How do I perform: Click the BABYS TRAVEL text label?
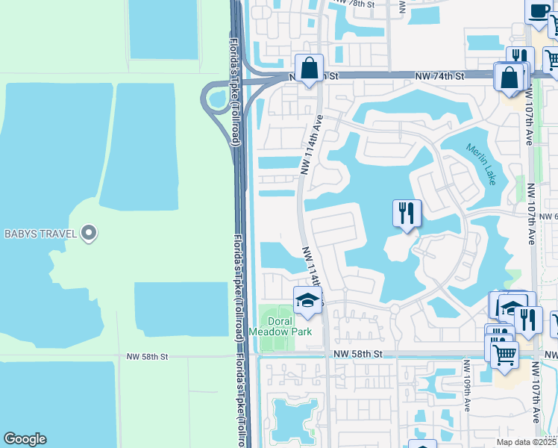tap(40, 234)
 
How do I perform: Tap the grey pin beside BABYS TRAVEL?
tap(89, 234)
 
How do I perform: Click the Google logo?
tap(25, 439)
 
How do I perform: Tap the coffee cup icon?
tap(538, 12)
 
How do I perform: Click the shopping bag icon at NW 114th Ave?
tap(309, 69)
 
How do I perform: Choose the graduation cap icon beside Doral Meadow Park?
tap(307, 301)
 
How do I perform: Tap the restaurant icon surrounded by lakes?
tap(407, 213)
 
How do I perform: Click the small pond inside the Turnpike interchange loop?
tap(218, 98)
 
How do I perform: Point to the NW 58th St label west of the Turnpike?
tap(148, 357)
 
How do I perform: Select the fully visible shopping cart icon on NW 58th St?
tap(505, 352)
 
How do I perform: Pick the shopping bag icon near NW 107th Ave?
tap(509, 77)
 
